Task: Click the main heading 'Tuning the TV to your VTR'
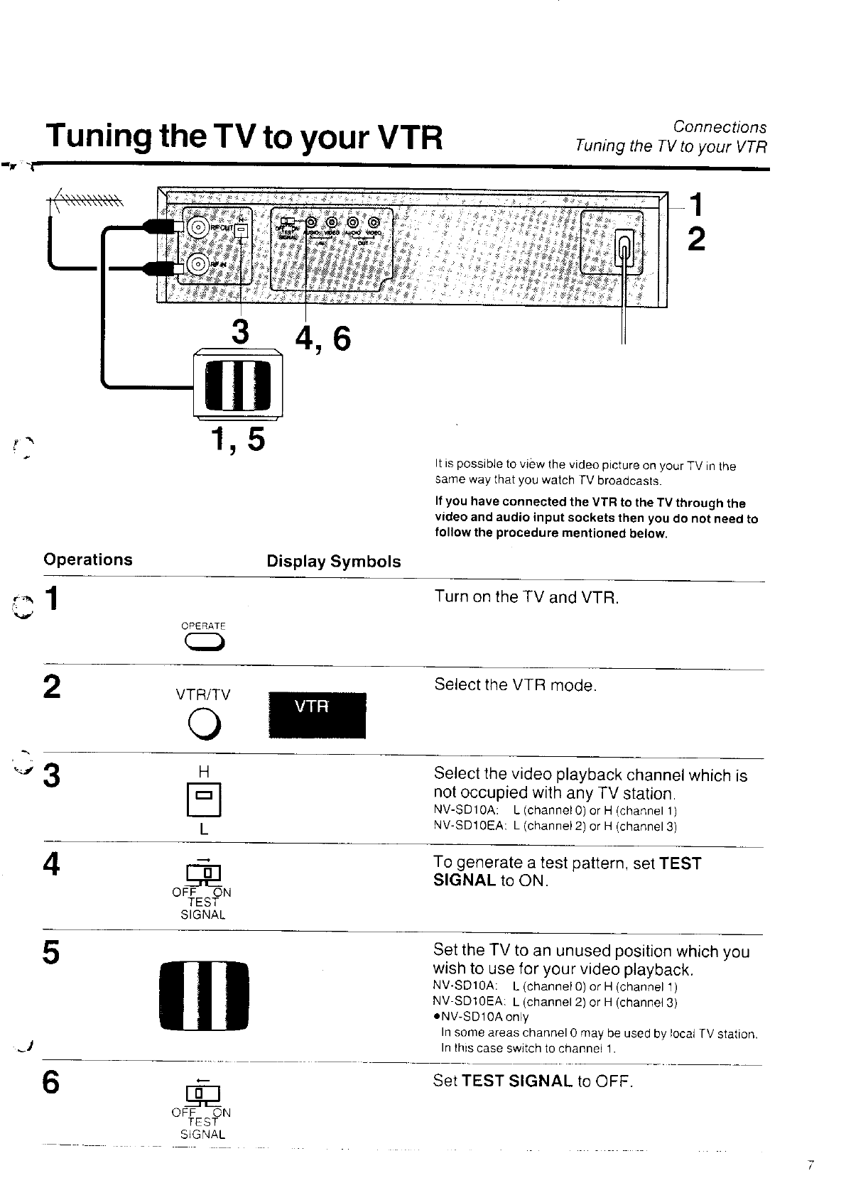point(243,138)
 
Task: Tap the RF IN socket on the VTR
point(197,266)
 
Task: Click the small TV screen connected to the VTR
point(237,386)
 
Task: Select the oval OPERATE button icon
point(204,643)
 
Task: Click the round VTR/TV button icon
point(203,724)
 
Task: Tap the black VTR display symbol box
point(317,715)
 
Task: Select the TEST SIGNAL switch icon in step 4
point(203,873)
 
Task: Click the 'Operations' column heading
point(88,560)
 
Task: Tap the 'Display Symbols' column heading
point(333,562)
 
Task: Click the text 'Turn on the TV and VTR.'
point(526,597)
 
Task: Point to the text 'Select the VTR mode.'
point(515,685)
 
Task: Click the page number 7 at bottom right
point(810,1165)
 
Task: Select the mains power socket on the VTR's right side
point(624,248)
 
